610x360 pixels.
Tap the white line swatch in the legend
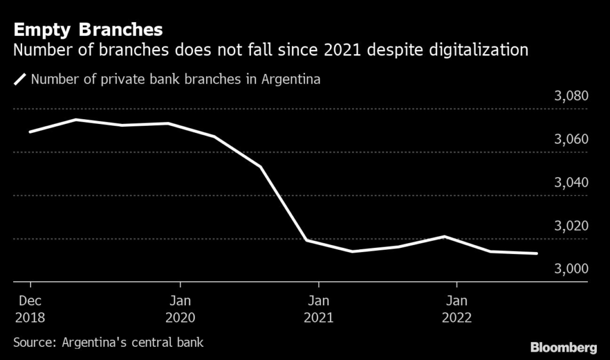20,79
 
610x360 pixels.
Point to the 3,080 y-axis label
571,96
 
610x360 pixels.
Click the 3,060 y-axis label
571,139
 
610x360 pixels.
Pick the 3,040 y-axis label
571,182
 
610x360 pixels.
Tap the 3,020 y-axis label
571,226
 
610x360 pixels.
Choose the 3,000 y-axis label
571,269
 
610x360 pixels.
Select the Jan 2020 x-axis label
180,309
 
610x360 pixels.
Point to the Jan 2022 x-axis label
456,309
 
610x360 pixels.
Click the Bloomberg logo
564,346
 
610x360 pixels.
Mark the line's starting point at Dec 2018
30,132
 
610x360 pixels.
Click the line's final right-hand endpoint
537,253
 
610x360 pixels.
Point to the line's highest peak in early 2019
76,119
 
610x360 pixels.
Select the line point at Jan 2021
306,240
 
